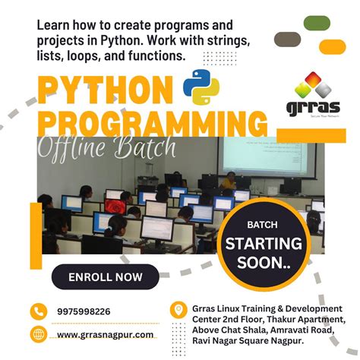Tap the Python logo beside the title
coord(201,86)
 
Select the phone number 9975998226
coord(84,311)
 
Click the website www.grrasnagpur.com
coord(106,334)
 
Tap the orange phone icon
coord(39,311)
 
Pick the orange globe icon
coord(39,334)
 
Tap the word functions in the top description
coord(155,55)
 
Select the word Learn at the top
coord(55,24)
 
